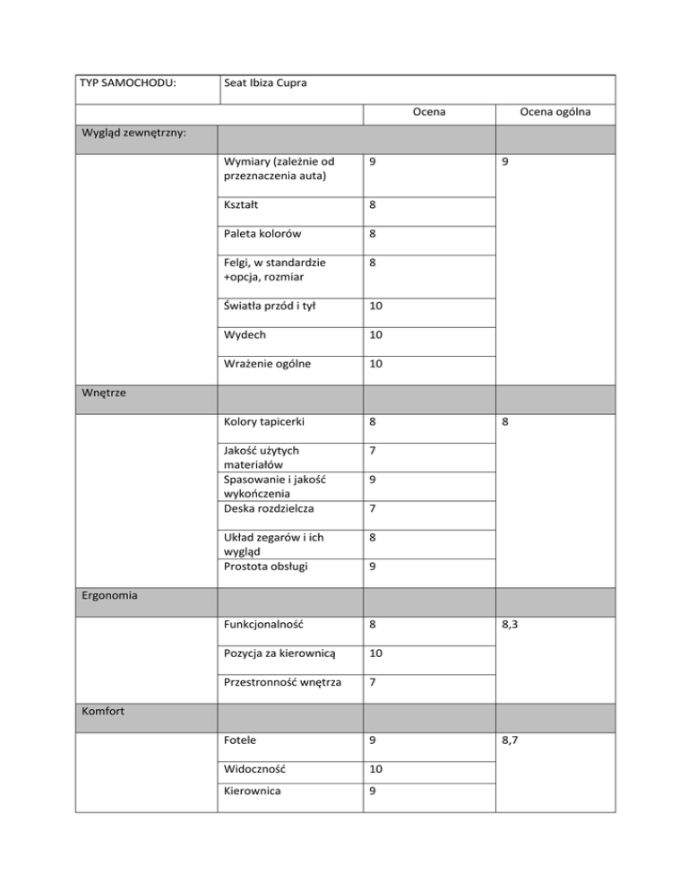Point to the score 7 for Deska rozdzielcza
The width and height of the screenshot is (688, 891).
pos(372,510)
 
